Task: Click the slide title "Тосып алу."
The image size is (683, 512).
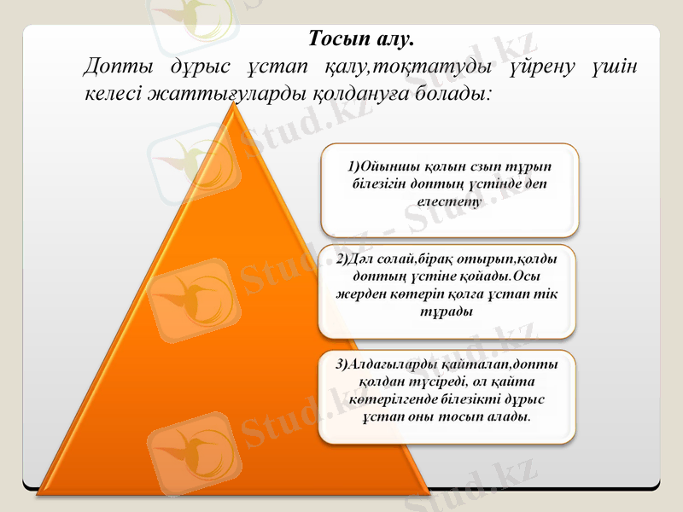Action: click(360, 39)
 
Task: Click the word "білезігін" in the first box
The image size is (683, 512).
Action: click(377, 183)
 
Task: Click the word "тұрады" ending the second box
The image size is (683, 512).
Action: click(447, 311)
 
